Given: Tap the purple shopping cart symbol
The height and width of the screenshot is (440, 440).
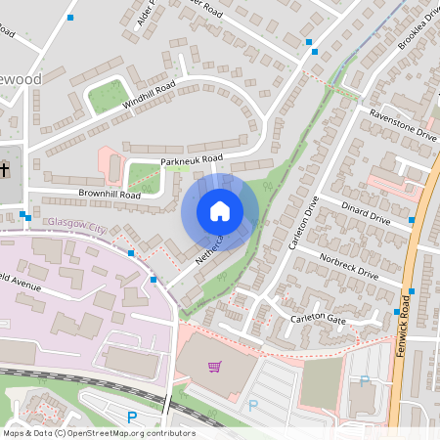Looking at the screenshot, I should (x=214, y=367).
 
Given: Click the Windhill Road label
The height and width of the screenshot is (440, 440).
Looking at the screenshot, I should (x=149, y=95).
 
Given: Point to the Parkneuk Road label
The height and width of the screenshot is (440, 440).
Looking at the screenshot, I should (x=192, y=158).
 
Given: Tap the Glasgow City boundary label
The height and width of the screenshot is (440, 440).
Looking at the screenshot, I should (x=75, y=227).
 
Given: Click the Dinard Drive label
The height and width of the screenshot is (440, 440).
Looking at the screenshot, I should (x=366, y=213).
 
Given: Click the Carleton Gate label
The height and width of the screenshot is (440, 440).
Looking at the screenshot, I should (x=317, y=320).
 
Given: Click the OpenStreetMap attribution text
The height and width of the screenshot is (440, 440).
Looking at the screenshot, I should (x=99, y=432).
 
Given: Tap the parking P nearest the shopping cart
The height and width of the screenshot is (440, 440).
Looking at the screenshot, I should (x=253, y=405).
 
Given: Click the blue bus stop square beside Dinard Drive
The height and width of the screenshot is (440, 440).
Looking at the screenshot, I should (x=412, y=220).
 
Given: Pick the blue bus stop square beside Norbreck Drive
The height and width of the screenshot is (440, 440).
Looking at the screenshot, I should (x=412, y=290).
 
